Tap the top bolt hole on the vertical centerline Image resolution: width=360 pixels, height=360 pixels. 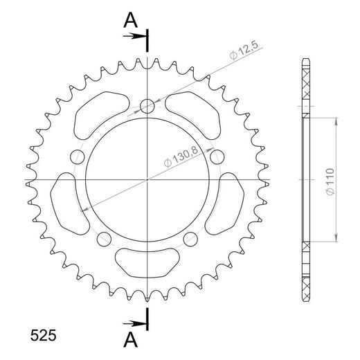coord(147,106)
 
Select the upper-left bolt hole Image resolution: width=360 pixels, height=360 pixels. coord(78,155)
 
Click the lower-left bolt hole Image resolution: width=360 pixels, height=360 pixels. coord(105,239)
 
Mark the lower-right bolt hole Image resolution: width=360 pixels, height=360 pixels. coord(191,239)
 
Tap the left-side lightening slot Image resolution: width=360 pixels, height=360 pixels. coord(69,204)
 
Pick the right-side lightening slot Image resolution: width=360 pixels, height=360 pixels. coord(226,204)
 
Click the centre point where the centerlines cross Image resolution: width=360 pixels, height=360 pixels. coord(147,180)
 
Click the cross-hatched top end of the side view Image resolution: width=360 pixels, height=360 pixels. coord(305,87)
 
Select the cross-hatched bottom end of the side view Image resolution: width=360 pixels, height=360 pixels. coord(305,273)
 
